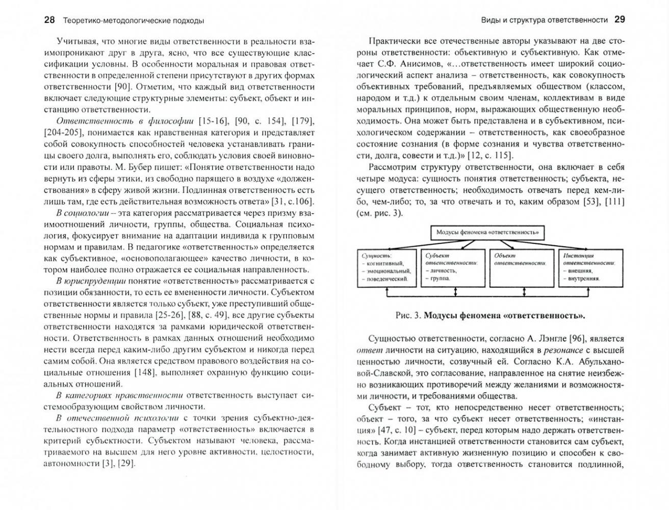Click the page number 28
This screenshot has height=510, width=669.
pyautogui.click(x=49, y=20)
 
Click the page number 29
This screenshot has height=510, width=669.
pyautogui.click(x=620, y=20)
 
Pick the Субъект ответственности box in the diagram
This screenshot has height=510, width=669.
pyautogui.click(x=452, y=268)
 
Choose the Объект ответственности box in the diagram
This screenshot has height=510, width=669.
pyautogui.click(x=521, y=268)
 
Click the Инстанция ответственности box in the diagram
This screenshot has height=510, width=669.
pyautogui.click(x=589, y=268)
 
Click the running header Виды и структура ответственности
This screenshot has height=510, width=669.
pyautogui.click(x=544, y=20)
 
